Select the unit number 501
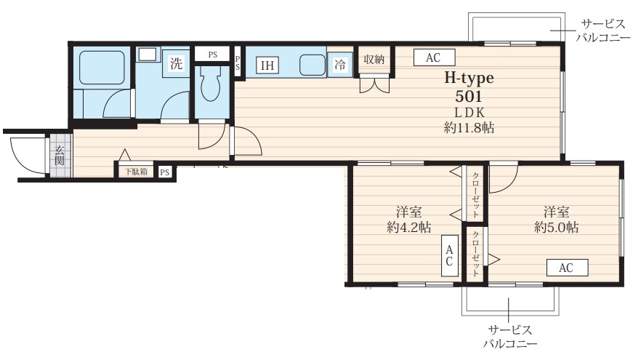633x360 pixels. (469, 95)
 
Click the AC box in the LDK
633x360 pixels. (433, 58)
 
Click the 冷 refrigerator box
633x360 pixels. (339, 65)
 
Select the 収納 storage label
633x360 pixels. (374, 60)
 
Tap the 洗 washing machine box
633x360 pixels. (177, 63)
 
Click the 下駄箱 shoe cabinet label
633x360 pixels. (134, 172)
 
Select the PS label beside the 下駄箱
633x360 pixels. (165, 172)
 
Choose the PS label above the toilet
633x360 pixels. (212, 55)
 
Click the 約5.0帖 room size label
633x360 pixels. (556, 227)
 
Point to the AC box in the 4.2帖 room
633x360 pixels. (448, 255)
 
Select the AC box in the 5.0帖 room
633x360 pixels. (565, 268)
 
